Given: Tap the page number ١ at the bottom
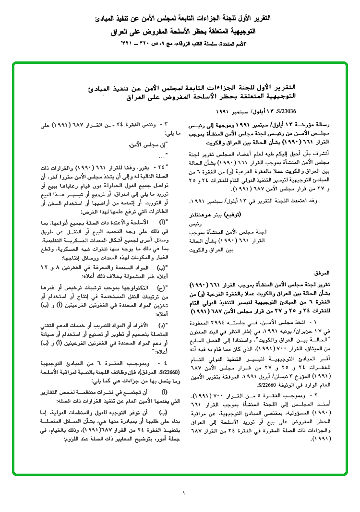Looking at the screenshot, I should [183, 493].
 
